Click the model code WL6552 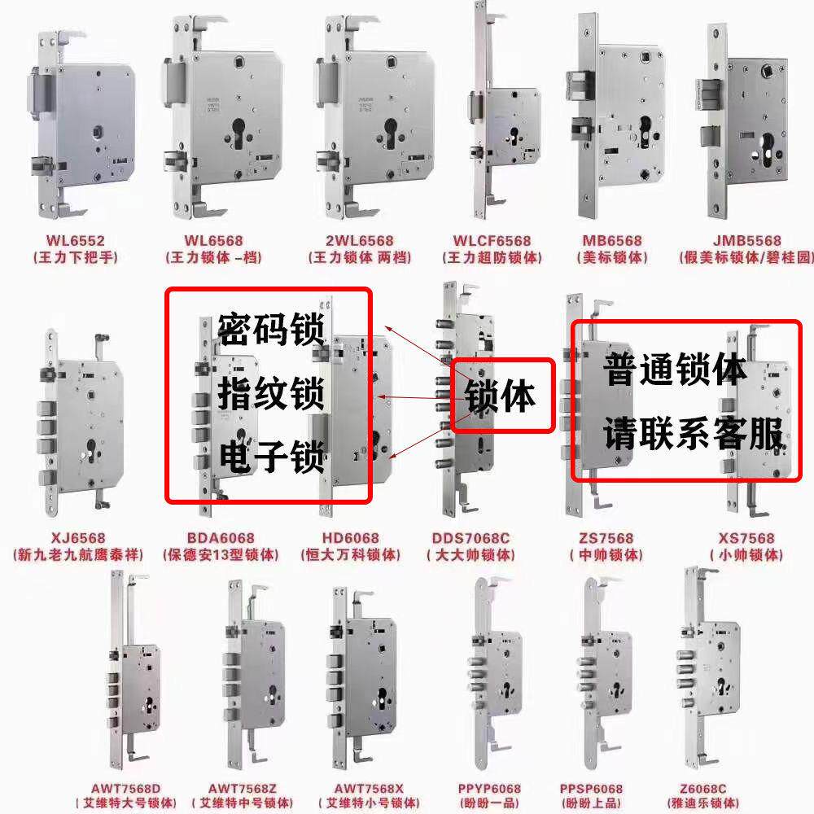click(77, 241)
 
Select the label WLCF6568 click(492, 241)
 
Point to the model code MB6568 click(613, 241)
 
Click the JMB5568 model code click(746, 241)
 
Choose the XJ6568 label click(78, 539)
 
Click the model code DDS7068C click(471, 539)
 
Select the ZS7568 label click(606, 539)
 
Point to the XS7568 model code click(746, 539)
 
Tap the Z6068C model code click(701, 789)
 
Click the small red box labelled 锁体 click(502, 396)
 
